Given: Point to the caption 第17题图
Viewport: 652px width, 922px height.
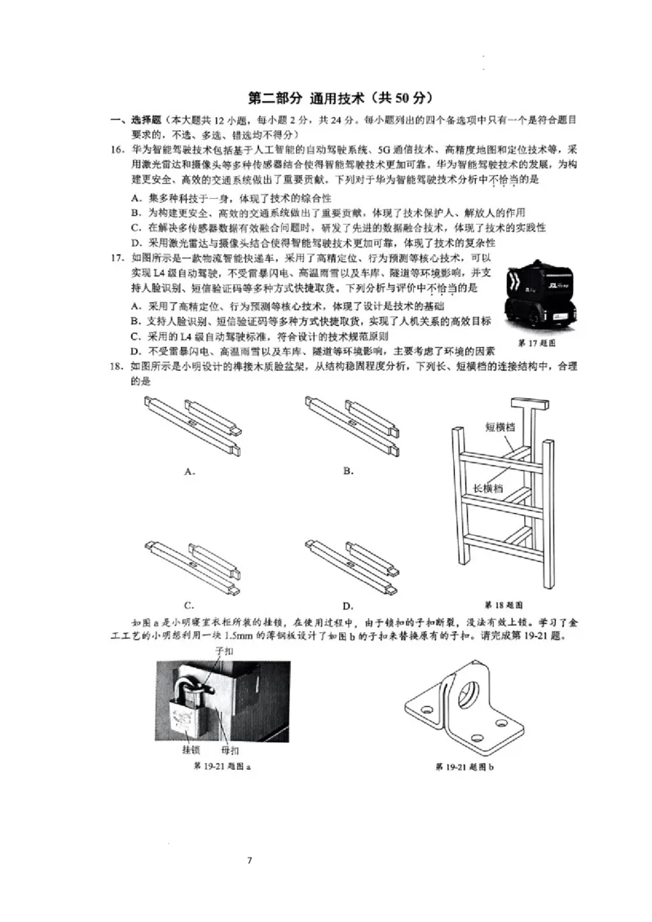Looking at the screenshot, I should click(536, 344).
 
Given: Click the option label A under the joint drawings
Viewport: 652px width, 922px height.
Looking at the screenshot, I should click(189, 471).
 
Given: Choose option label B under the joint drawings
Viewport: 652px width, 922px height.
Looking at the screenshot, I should click(348, 471).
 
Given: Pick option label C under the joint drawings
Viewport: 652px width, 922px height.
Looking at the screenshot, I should click(188, 604).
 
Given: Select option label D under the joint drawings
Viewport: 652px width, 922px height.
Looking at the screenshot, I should click(348, 605).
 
